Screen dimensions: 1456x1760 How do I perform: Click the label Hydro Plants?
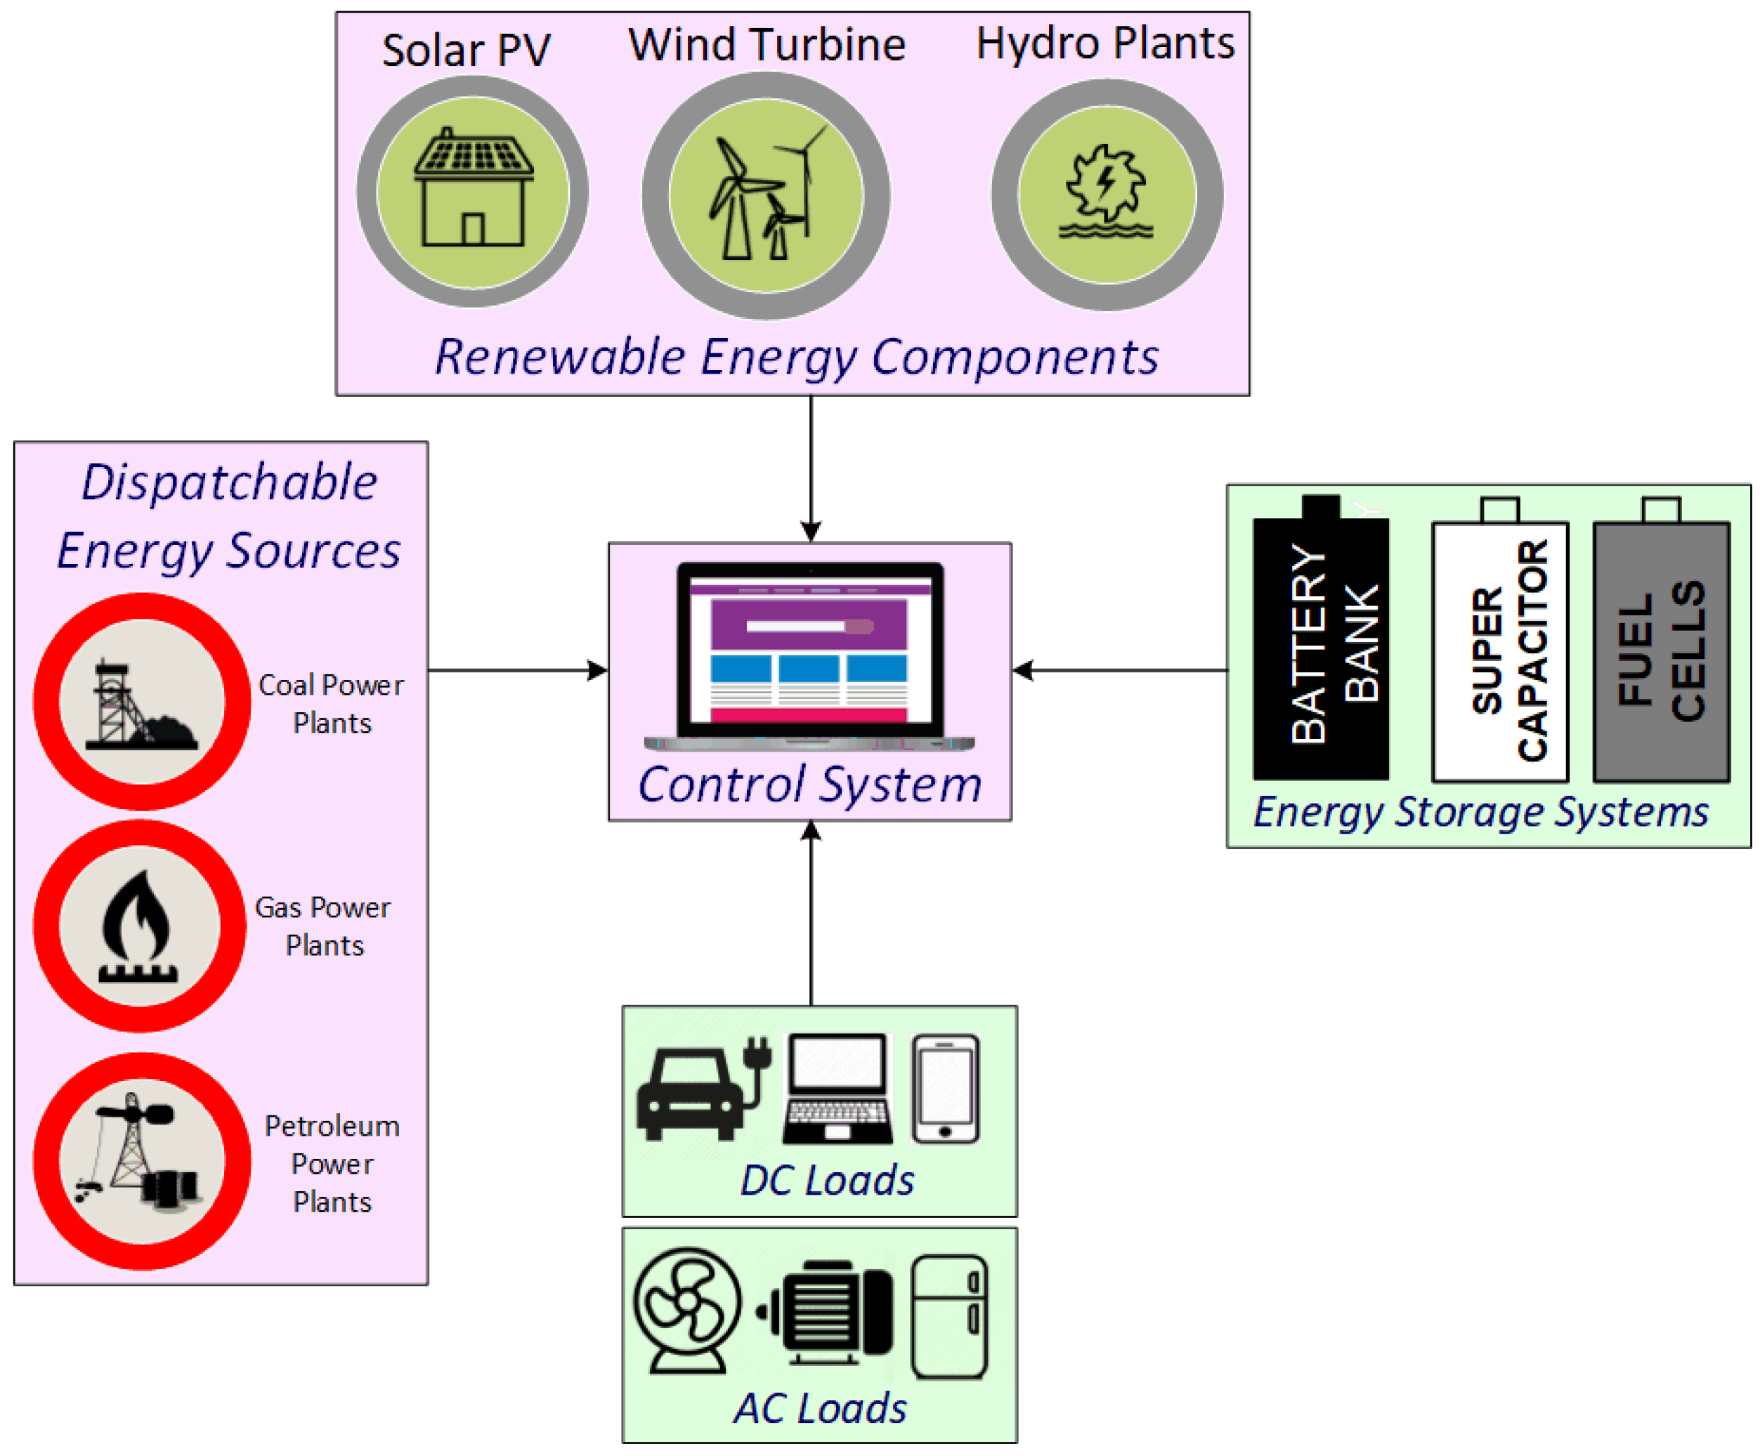[1104, 43]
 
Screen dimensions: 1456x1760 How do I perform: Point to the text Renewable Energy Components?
[796, 357]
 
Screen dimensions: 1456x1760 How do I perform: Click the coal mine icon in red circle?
[141, 702]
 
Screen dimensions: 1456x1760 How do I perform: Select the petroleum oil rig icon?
[140, 1160]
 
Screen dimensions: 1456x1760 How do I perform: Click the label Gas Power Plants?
[323, 926]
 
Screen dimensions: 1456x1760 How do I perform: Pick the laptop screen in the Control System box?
[809, 649]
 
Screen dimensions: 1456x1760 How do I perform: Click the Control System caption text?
[809, 785]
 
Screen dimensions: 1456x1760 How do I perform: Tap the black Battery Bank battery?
[1321, 645]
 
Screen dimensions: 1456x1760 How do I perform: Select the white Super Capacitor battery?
[1499, 649]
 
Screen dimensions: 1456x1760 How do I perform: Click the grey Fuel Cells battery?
[1661, 649]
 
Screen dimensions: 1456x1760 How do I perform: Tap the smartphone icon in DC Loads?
[946, 1089]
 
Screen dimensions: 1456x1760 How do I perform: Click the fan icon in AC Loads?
[687, 1311]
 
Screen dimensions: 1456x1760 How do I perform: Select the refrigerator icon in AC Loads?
[949, 1316]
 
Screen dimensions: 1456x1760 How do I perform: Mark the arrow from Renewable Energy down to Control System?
[810, 469]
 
